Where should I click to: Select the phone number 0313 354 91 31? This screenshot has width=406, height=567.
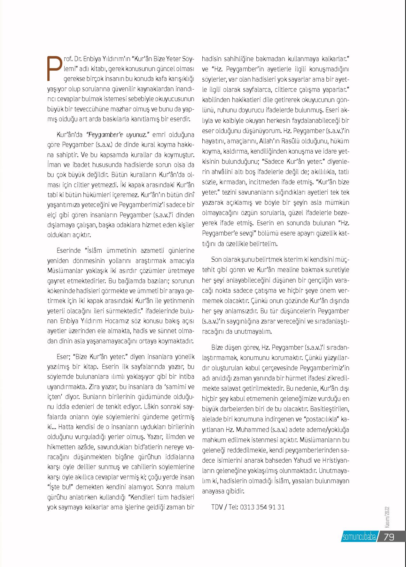pyautogui.click(x=262, y=507)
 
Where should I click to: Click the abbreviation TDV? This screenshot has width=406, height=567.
pyautogui.click(x=217, y=507)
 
